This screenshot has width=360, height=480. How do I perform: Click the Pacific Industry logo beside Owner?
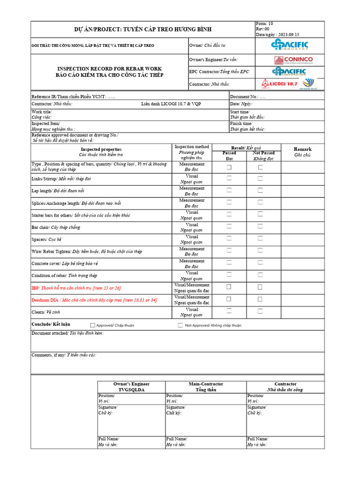click(290, 45)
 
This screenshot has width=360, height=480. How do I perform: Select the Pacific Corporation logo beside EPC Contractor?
click(289, 72)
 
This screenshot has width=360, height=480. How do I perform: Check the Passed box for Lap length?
click(229, 190)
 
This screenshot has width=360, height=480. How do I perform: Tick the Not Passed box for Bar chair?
click(260, 226)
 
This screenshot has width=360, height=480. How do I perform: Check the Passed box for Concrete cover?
click(229, 262)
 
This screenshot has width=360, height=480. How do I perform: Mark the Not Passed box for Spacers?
click(260, 238)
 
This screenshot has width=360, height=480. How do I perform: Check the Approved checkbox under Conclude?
click(93, 325)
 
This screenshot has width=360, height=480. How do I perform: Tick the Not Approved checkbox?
click(180, 325)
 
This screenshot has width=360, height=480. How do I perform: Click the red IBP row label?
click(76, 288)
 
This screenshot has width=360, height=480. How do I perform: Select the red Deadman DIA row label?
click(94, 300)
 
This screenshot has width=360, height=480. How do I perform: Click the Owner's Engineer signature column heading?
click(131, 386)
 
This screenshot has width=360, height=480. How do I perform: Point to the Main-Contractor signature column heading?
click(206, 386)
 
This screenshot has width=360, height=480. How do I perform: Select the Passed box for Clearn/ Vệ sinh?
click(229, 310)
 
